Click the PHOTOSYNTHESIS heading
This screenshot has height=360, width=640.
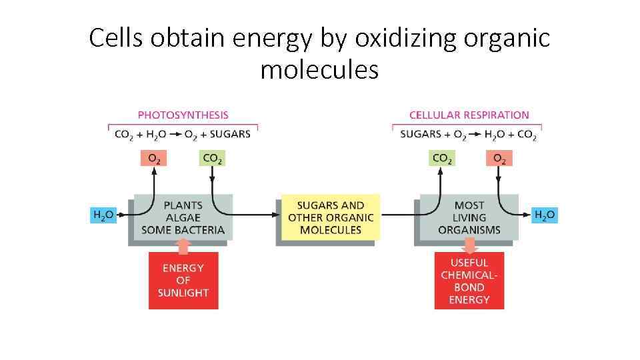(x=183, y=115)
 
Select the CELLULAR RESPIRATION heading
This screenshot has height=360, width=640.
(x=469, y=115)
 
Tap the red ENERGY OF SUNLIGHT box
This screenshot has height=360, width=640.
(x=183, y=281)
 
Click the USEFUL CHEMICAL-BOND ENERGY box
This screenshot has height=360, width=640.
(x=469, y=281)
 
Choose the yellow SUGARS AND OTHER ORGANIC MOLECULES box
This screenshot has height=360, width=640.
(x=331, y=217)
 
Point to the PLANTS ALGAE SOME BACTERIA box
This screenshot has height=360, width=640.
(x=183, y=217)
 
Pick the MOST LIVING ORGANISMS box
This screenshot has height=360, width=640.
(x=469, y=217)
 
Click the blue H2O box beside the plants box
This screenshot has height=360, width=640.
(x=103, y=215)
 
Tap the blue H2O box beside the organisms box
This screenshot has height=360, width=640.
(x=545, y=215)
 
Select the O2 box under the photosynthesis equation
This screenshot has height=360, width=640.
(x=153, y=158)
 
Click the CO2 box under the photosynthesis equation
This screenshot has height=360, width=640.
(x=212, y=158)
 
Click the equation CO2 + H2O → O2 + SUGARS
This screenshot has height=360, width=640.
(x=183, y=134)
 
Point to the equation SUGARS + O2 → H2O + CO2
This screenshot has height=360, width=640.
(x=468, y=134)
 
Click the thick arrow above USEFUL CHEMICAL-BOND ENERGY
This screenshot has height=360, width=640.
(x=469, y=246)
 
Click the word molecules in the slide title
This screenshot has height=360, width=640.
(x=319, y=69)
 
